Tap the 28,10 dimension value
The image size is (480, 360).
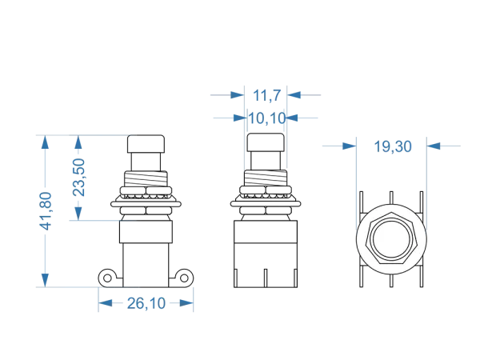[147, 304]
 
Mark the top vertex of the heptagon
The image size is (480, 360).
[391, 214]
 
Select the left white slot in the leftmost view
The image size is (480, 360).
[133, 190]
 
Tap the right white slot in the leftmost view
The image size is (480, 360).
[158, 190]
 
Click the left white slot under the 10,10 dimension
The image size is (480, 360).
[253, 190]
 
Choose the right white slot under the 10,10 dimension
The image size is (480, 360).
[278, 190]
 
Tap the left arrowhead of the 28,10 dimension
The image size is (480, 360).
[102, 304]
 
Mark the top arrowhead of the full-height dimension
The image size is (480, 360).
[46, 144]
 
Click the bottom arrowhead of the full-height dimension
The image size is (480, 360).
[46, 278]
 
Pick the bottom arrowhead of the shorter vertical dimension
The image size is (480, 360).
[78, 214]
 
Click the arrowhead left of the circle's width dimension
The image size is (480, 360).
[348, 146]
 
